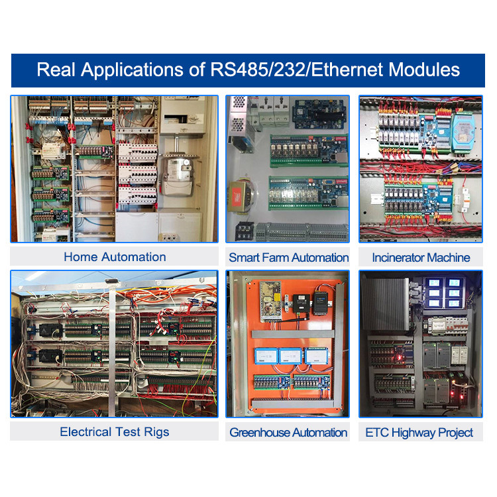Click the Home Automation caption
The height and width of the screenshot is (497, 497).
pos(115,256)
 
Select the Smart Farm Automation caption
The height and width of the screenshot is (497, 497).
pos(288,257)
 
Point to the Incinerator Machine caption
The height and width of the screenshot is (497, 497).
pos(421,257)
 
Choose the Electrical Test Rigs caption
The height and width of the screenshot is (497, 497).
pos(115,432)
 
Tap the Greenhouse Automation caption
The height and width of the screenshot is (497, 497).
pos(288,433)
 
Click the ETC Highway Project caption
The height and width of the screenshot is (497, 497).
pos(419,433)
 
